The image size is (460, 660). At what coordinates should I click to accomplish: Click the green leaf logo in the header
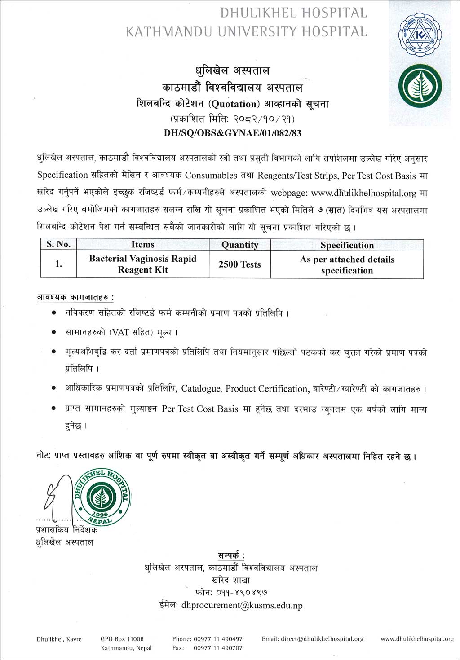420,86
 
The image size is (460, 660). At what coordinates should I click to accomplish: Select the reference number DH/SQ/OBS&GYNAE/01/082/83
232,133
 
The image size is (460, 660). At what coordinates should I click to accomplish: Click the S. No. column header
58,245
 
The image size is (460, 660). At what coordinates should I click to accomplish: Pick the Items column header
143,245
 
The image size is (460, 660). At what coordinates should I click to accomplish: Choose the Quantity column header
239,245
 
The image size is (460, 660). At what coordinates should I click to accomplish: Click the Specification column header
347,245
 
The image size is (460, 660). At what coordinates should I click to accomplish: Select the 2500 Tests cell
239,264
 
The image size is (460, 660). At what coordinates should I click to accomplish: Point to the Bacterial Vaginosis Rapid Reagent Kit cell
143,264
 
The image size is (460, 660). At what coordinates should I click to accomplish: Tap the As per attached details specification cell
347,265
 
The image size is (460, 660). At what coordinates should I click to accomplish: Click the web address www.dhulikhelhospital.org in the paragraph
363,193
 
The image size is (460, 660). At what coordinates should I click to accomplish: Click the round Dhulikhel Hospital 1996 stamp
102,497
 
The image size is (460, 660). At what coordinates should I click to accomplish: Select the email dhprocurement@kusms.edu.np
242,605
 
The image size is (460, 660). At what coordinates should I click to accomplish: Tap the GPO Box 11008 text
122,639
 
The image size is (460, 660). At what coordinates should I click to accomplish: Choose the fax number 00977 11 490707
218,648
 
